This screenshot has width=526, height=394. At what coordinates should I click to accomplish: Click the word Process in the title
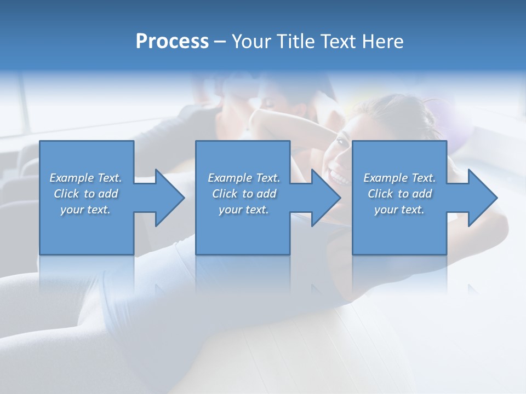click(172, 42)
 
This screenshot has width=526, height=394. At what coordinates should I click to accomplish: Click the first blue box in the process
click(86, 230)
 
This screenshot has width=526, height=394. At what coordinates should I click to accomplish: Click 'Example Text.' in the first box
click(85, 178)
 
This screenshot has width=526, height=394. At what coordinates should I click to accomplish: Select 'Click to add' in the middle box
click(244, 194)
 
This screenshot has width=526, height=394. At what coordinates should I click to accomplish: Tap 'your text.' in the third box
click(399, 210)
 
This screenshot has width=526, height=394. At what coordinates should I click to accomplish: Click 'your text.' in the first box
click(85, 210)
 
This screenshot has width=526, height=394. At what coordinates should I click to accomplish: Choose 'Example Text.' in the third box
click(399, 178)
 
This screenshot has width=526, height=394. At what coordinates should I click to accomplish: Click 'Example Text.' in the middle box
click(244, 178)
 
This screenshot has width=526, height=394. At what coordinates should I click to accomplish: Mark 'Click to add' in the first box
click(85, 194)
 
